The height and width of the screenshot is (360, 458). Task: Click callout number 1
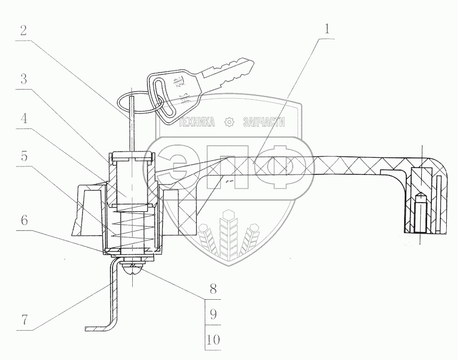(325, 28)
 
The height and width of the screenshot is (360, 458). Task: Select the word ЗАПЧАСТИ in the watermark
(264, 123)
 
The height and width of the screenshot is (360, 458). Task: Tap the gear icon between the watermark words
(230, 123)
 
